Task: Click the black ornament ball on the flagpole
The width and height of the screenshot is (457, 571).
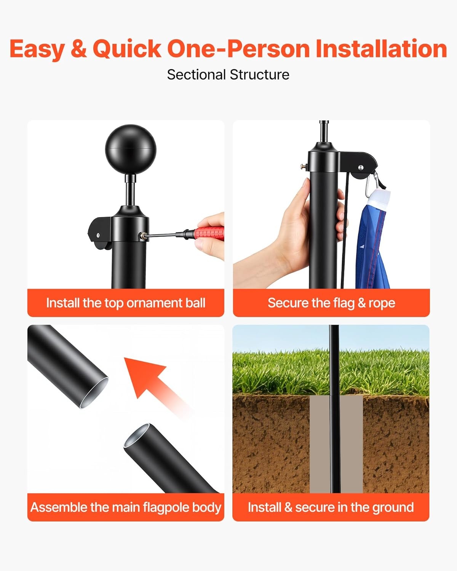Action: tap(130, 149)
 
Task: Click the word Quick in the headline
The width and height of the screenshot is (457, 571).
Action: tap(127, 49)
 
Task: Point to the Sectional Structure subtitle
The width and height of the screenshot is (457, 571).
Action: tap(228, 75)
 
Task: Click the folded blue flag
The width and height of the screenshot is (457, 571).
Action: tap(373, 239)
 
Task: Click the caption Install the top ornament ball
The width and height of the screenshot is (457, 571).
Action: tap(126, 303)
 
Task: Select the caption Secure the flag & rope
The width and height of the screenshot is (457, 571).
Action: tap(331, 303)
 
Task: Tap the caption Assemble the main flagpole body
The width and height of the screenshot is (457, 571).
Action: tap(126, 507)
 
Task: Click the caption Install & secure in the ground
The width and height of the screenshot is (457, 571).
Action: tap(331, 507)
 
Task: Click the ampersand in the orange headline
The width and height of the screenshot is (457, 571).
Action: tap(78, 49)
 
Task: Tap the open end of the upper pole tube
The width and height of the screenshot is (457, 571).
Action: tap(94, 393)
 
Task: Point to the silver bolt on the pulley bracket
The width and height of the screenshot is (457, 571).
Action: tap(361, 167)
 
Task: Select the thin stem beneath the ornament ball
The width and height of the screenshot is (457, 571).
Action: tap(130, 190)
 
